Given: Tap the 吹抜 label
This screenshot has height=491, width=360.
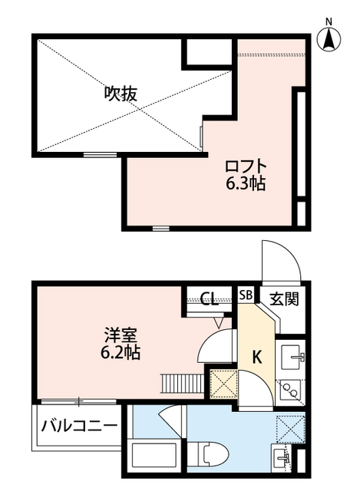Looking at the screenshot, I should pyautogui.click(x=121, y=94).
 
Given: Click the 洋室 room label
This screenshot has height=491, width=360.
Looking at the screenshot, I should pyautogui.click(x=121, y=335).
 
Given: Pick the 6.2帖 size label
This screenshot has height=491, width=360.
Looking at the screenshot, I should pyautogui.click(x=121, y=354).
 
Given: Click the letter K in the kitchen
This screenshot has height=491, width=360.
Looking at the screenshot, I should pyautogui.click(x=256, y=358).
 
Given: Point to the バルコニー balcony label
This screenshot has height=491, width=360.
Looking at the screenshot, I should pyautogui.click(x=79, y=425).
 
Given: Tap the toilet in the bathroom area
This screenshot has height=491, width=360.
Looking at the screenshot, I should pyautogui.click(x=209, y=458).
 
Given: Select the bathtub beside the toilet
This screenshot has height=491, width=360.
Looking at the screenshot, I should pyautogui.click(x=156, y=459).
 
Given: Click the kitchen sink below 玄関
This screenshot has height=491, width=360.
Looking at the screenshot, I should pyautogui.click(x=290, y=358).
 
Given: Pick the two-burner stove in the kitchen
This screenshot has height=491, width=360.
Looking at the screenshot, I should pyautogui.click(x=290, y=390).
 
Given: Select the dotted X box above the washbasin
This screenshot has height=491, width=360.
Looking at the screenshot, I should pyautogui.click(x=289, y=427).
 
